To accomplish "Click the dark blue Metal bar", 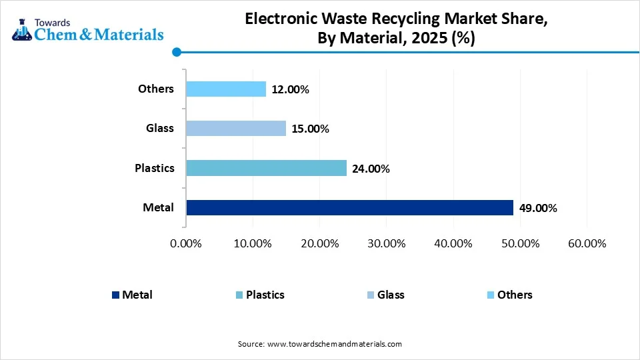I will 349,208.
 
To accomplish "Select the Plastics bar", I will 266,168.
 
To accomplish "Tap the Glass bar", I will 236,128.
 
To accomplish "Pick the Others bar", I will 226,89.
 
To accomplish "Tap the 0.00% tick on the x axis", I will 186,243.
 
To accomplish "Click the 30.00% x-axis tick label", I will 386,243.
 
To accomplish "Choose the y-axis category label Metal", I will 158,207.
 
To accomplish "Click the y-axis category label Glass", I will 160,128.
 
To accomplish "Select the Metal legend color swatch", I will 115,295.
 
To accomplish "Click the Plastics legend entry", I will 265,295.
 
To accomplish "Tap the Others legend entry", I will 515,295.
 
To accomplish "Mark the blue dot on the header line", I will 177,52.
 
